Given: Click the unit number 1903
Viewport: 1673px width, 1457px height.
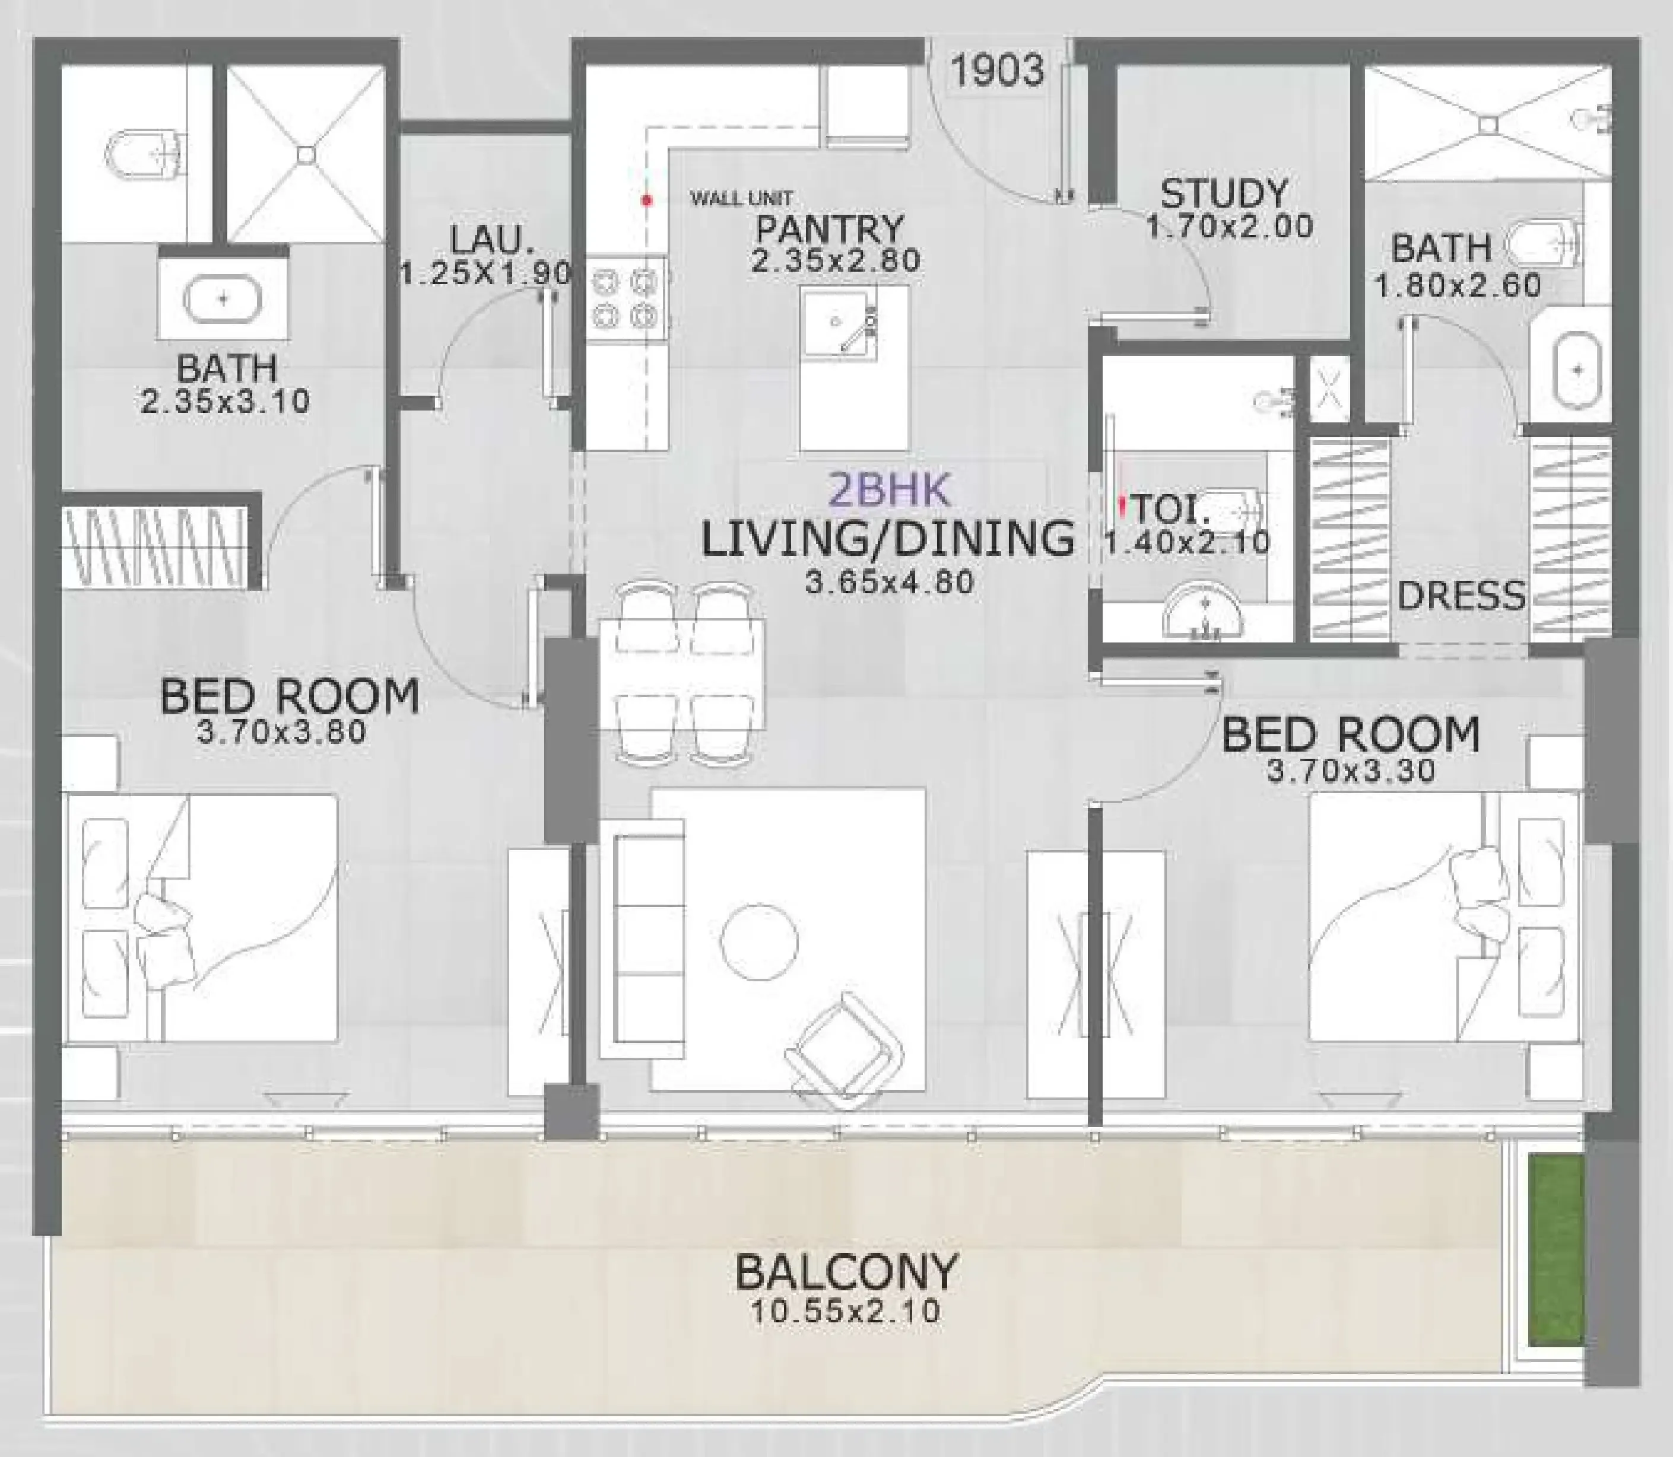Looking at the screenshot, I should (x=997, y=70).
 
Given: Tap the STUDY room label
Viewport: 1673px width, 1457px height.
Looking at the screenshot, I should (x=1224, y=195).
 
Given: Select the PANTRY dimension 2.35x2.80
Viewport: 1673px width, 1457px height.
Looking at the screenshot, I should (x=835, y=261).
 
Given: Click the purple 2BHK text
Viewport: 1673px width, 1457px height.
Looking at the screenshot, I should (x=888, y=489).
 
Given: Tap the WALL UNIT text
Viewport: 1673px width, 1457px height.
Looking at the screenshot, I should (x=740, y=198).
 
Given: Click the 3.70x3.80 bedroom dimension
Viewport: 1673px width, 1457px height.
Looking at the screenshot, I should (x=281, y=731).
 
